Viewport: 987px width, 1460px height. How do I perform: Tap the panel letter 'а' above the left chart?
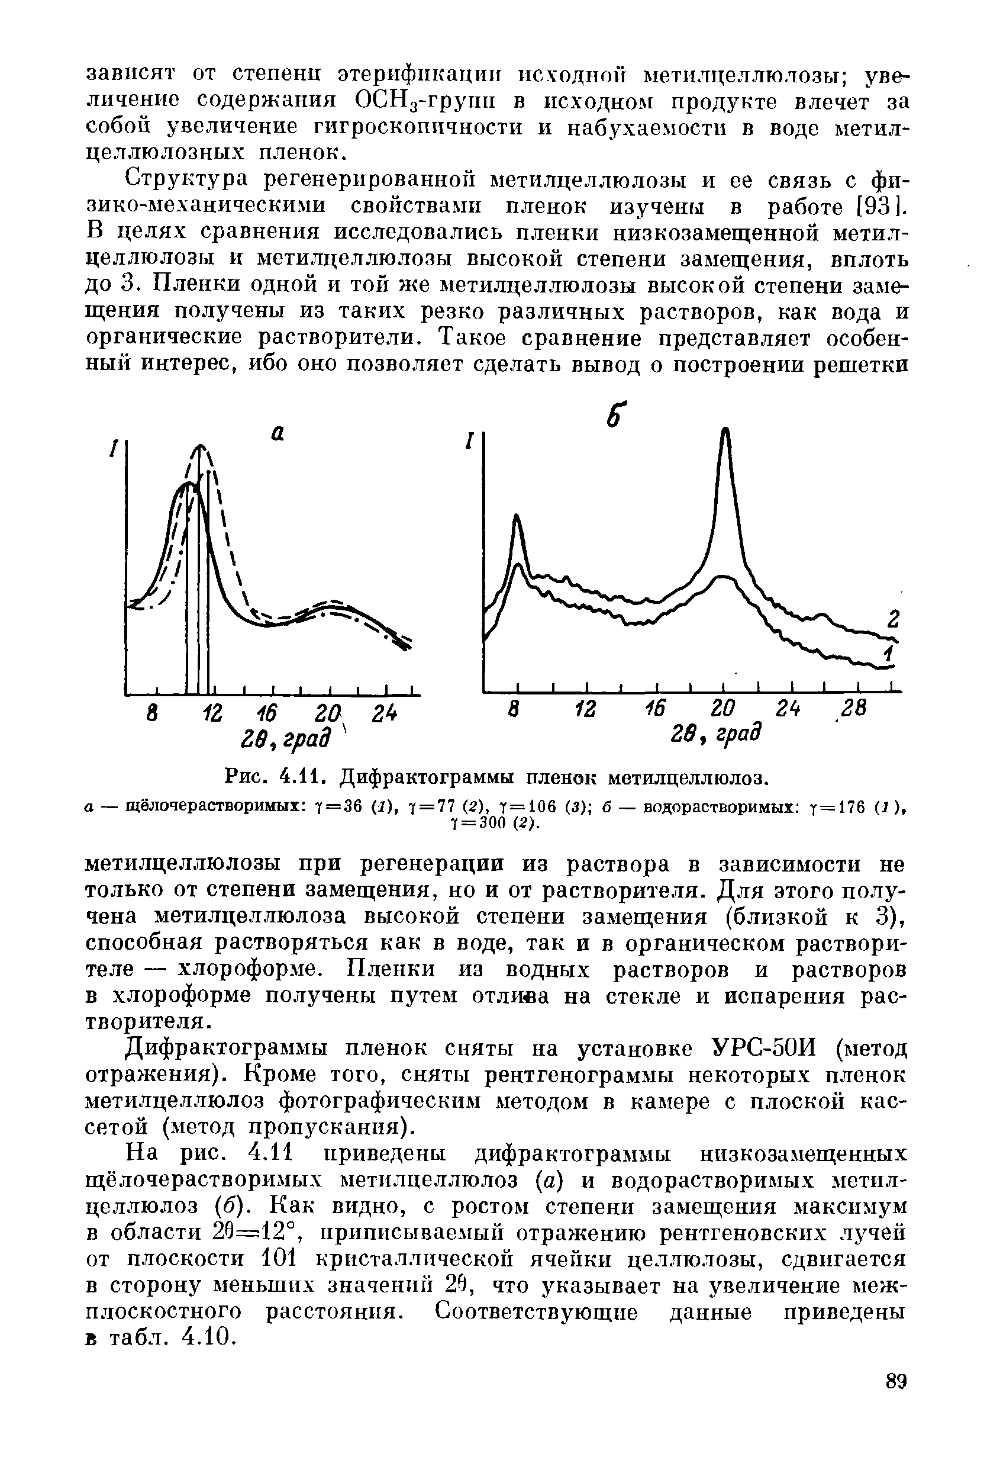[278, 433]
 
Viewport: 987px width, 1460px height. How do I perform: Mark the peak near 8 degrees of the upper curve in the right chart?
[517, 516]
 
